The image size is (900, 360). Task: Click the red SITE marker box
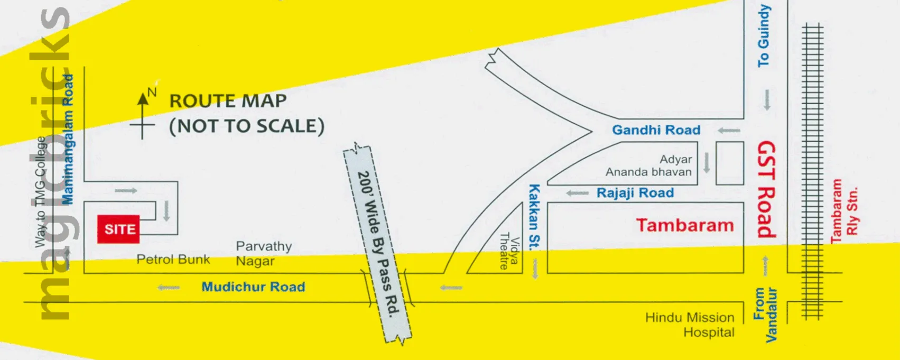click(x=118, y=229)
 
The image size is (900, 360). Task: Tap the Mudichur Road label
click(x=253, y=287)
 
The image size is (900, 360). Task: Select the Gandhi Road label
click(x=656, y=130)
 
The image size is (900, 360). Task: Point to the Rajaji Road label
click(x=635, y=193)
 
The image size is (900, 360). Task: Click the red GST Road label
click(x=766, y=189)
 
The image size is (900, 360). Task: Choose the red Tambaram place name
click(x=684, y=225)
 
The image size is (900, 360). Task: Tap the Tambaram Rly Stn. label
click(x=844, y=211)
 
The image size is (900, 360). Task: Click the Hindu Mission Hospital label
click(x=690, y=325)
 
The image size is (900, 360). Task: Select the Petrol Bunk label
click(x=173, y=260)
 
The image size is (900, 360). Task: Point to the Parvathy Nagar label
click(x=263, y=254)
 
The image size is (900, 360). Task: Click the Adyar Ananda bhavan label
click(x=649, y=165)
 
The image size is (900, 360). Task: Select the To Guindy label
click(x=764, y=36)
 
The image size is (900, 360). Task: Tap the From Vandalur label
click(x=765, y=314)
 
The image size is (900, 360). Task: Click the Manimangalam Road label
click(x=68, y=139)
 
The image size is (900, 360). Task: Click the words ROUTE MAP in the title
click(x=228, y=100)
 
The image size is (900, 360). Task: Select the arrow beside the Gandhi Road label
click(x=729, y=131)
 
